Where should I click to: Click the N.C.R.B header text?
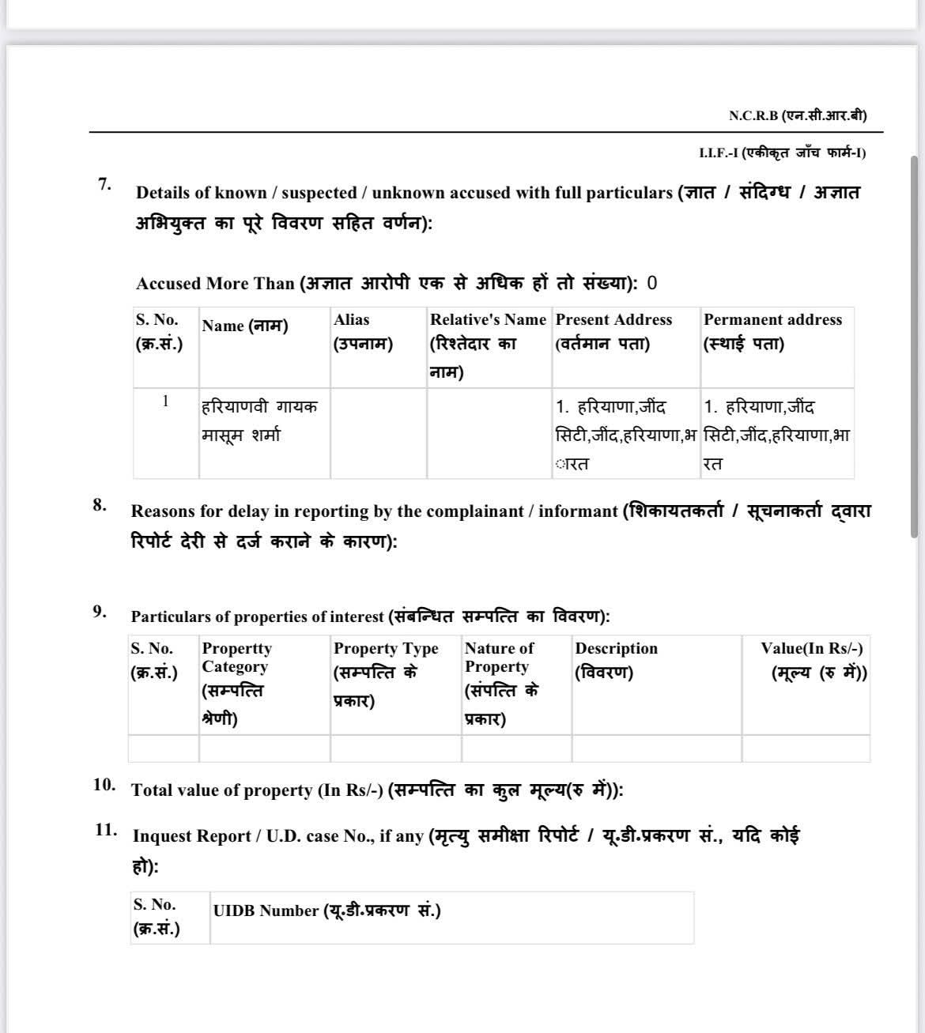pyautogui.click(x=797, y=115)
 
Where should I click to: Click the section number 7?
pyautogui.click(x=104, y=184)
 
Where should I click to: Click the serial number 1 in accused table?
pyautogui.click(x=165, y=401)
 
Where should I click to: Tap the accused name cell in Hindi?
pyautogui.click(x=259, y=420)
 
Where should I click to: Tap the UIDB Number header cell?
pyautogui.click(x=327, y=910)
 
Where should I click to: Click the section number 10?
pyautogui.click(x=104, y=785)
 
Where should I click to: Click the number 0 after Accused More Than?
pyautogui.click(x=652, y=283)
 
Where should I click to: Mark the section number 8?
pyautogui.click(x=100, y=505)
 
